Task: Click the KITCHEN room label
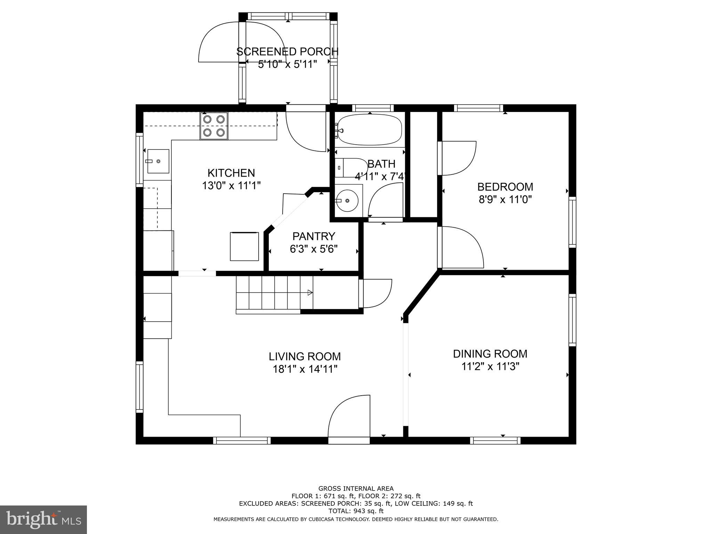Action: tap(231, 173)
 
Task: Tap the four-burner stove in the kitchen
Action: tap(213, 126)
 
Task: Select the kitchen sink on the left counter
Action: tap(158, 161)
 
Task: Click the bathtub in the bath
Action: tap(370, 130)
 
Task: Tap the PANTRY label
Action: tap(314, 236)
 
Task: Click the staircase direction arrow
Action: tap(309, 293)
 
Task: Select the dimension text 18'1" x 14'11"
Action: tap(305, 369)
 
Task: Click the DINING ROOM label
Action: tap(490, 354)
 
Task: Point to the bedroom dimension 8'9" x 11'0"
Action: tap(505, 200)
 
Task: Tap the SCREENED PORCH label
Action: tap(287, 51)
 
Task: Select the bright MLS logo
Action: tap(43, 520)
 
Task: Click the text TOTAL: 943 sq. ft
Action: tap(356, 511)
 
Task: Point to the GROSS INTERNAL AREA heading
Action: tap(356, 488)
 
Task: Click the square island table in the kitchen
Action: tap(244, 246)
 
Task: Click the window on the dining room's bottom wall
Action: tap(495, 440)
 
